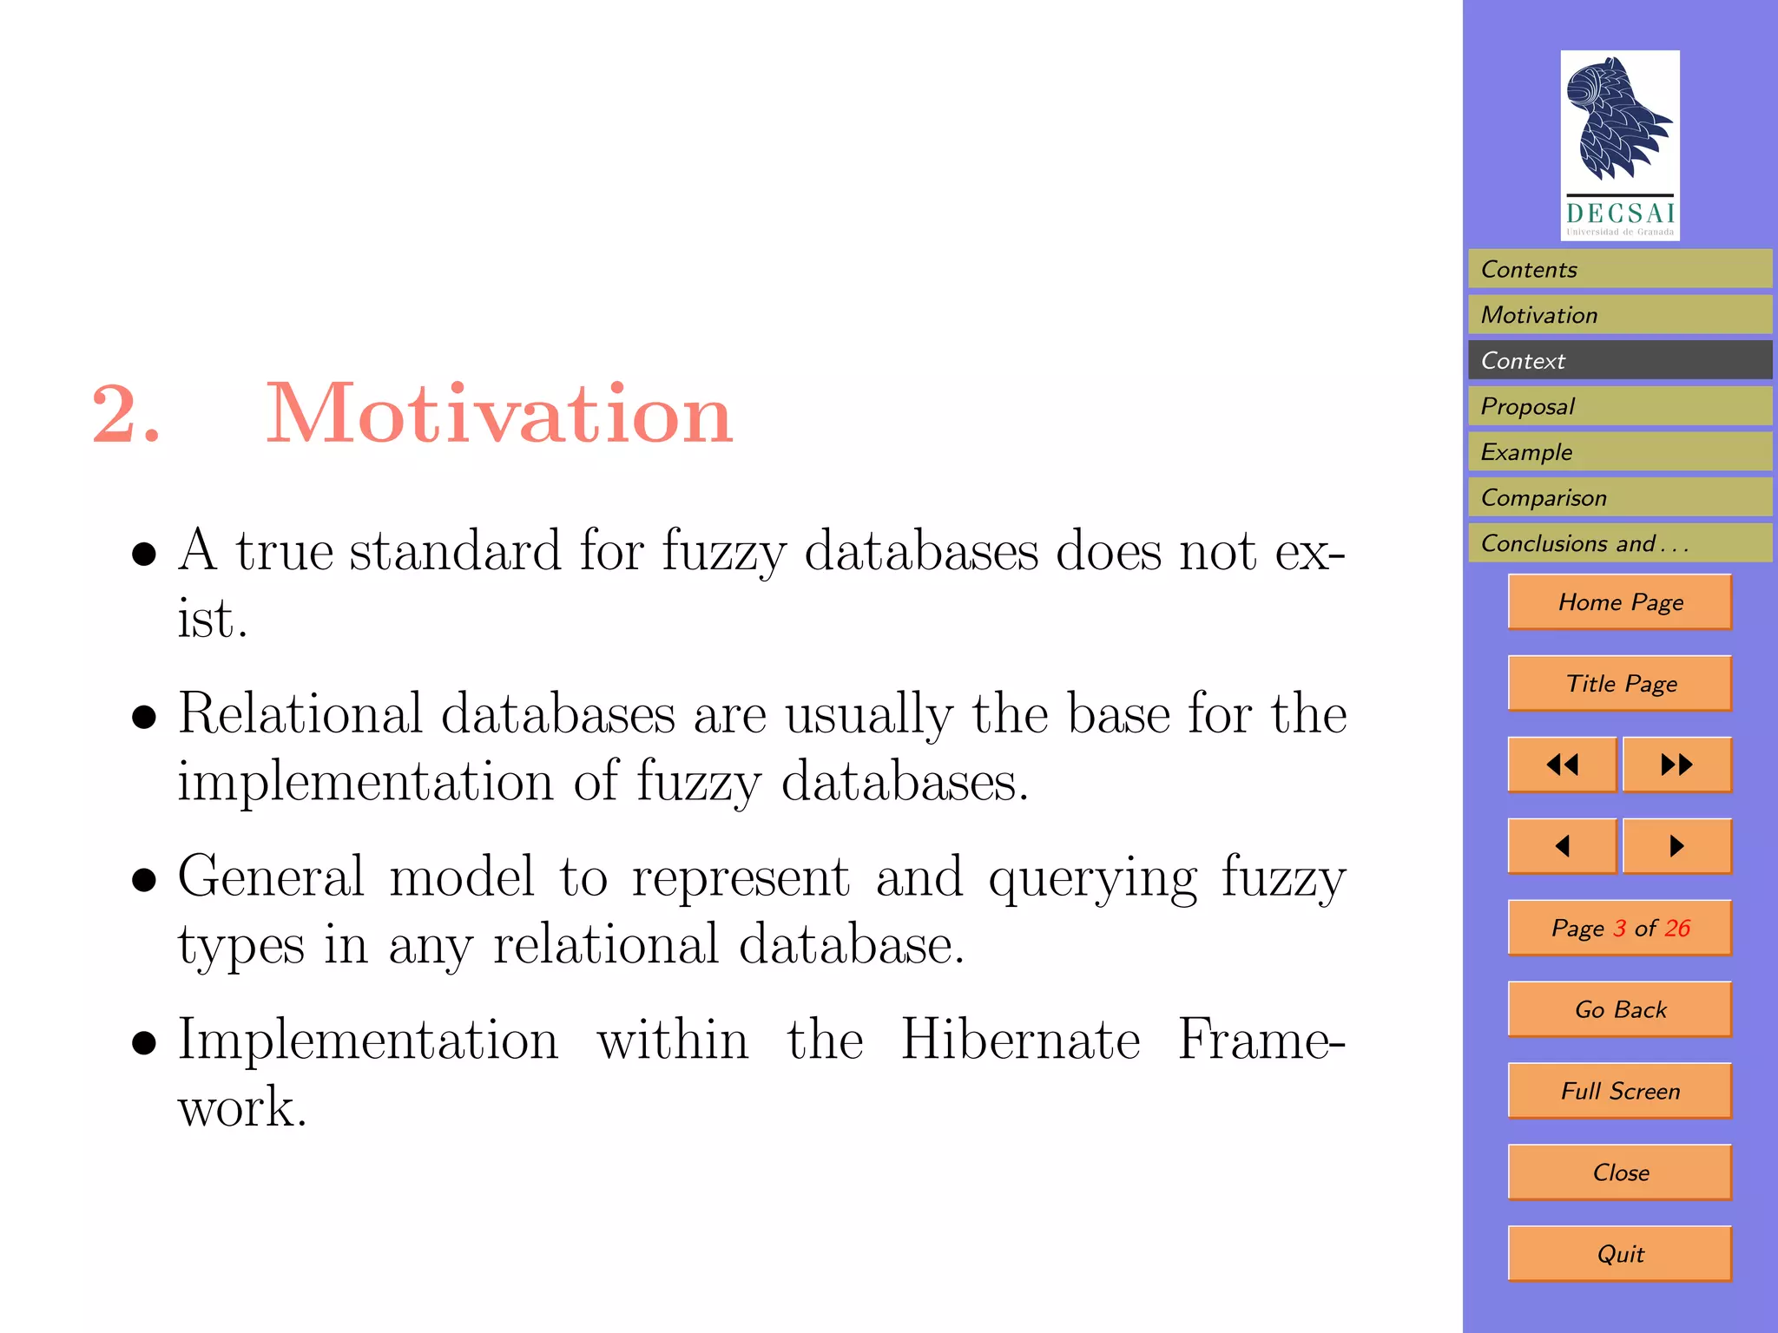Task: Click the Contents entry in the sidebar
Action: point(1619,269)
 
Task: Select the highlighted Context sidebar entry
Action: point(1619,360)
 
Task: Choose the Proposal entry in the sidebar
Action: point(1619,406)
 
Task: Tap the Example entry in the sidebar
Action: point(1619,452)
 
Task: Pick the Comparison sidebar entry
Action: point(1619,497)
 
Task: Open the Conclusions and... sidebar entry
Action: point(1619,543)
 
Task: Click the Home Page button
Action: point(1620,601)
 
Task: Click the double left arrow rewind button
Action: point(1562,765)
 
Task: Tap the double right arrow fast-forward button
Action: point(1676,765)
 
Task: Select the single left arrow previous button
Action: point(1562,846)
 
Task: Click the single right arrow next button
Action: point(1676,846)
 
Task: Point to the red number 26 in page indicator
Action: point(1677,928)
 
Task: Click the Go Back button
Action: point(1620,1009)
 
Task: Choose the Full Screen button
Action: point(1620,1091)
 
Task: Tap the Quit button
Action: point(1620,1254)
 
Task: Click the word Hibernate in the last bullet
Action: point(1020,1040)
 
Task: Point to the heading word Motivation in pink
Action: point(499,414)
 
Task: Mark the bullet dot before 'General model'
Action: point(144,880)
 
